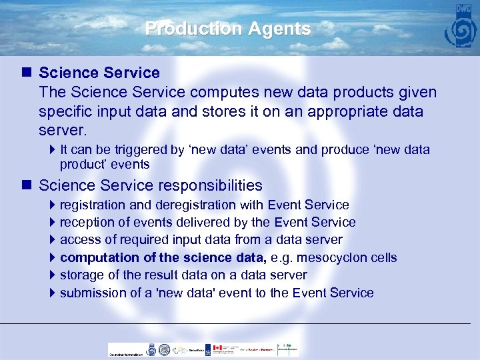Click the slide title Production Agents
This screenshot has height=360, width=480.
click(228, 29)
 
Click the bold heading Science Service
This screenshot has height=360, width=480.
click(99, 72)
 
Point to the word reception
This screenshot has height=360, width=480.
click(87, 222)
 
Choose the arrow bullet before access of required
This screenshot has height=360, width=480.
click(53, 240)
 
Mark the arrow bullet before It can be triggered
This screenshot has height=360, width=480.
click(53, 150)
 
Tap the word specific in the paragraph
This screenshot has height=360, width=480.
click(68, 111)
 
